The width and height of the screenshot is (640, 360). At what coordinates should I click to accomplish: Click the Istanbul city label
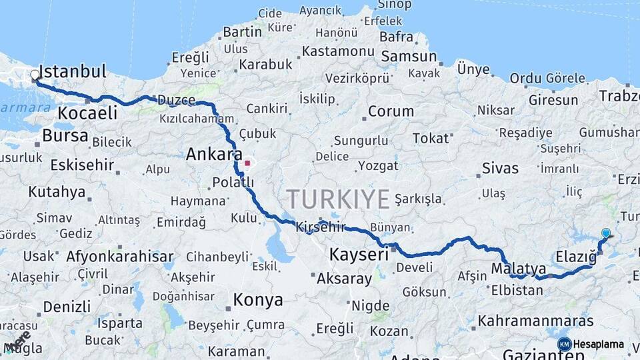click(x=73, y=72)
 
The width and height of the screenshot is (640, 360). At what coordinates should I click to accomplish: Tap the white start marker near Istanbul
click(x=35, y=75)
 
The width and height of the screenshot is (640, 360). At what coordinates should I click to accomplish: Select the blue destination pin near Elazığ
click(x=605, y=233)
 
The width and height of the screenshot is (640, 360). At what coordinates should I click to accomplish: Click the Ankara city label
click(x=213, y=155)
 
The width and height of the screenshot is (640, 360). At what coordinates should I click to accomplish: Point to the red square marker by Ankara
click(x=247, y=162)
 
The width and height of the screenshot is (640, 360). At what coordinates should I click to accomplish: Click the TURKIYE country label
click(x=338, y=199)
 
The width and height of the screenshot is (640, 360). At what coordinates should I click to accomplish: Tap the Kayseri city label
click(x=359, y=255)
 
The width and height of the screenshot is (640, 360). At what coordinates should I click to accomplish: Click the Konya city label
click(x=258, y=300)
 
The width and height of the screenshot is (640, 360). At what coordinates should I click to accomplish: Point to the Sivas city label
click(x=500, y=168)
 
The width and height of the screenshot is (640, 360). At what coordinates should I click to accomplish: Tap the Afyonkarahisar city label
click(x=120, y=257)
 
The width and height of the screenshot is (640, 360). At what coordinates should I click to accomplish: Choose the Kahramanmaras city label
click(x=535, y=321)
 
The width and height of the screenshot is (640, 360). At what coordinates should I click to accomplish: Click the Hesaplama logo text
click(x=599, y=344)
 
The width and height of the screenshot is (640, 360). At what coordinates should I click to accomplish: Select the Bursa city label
click(x=65, y=136)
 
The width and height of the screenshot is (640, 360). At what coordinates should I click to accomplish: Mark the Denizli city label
click(x=67, y=307)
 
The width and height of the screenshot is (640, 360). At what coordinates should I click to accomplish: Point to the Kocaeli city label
click(x=87, y=113)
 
